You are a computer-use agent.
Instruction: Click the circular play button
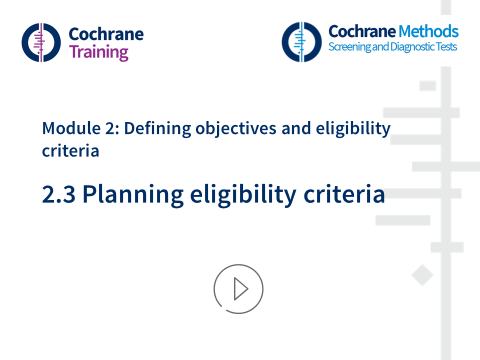[238, 289]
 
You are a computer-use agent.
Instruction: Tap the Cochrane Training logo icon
[41, 42]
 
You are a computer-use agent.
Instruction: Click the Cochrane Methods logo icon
[301, 42]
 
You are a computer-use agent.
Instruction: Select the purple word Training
[98, 52]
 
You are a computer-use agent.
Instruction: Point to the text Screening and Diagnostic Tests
[392, 47]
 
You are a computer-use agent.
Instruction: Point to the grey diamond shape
[422, 275]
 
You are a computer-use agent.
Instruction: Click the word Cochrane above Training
[105, 34]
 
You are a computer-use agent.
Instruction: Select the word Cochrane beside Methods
[361, 31]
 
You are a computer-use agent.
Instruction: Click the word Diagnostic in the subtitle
[410, 47]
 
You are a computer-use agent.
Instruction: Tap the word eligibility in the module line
[352, 128]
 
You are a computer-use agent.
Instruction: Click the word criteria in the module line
[70, 150]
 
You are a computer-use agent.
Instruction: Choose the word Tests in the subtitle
[445, 47]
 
